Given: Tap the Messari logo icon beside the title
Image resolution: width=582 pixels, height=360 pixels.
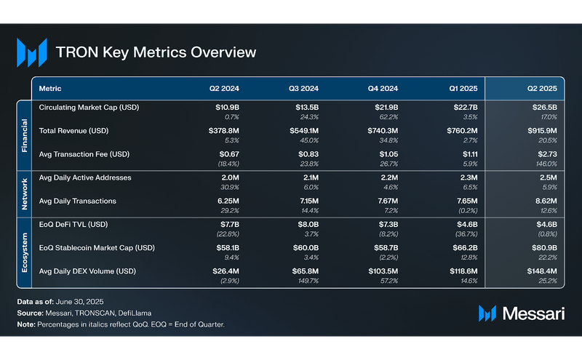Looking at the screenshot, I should pos(31,52).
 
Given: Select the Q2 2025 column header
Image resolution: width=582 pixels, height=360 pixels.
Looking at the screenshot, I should pos(542,88).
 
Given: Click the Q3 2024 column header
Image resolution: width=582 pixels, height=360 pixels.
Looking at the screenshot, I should pos(304,88).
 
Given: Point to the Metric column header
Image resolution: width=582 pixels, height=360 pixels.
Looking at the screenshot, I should pos(50,88).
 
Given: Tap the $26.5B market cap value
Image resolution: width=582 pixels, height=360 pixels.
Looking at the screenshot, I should pos(543,108).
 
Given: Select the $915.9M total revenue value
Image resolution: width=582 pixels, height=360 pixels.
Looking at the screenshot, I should pos(541,131).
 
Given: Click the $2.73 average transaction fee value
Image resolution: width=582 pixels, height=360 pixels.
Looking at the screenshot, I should pos(546,154).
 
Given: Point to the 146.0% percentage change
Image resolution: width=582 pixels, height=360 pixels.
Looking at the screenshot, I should pos(546,164).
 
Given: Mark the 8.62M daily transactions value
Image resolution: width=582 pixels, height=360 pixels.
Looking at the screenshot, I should pos(544,201).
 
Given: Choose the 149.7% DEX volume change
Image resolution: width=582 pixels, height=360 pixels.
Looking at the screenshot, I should pos(308,281).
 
